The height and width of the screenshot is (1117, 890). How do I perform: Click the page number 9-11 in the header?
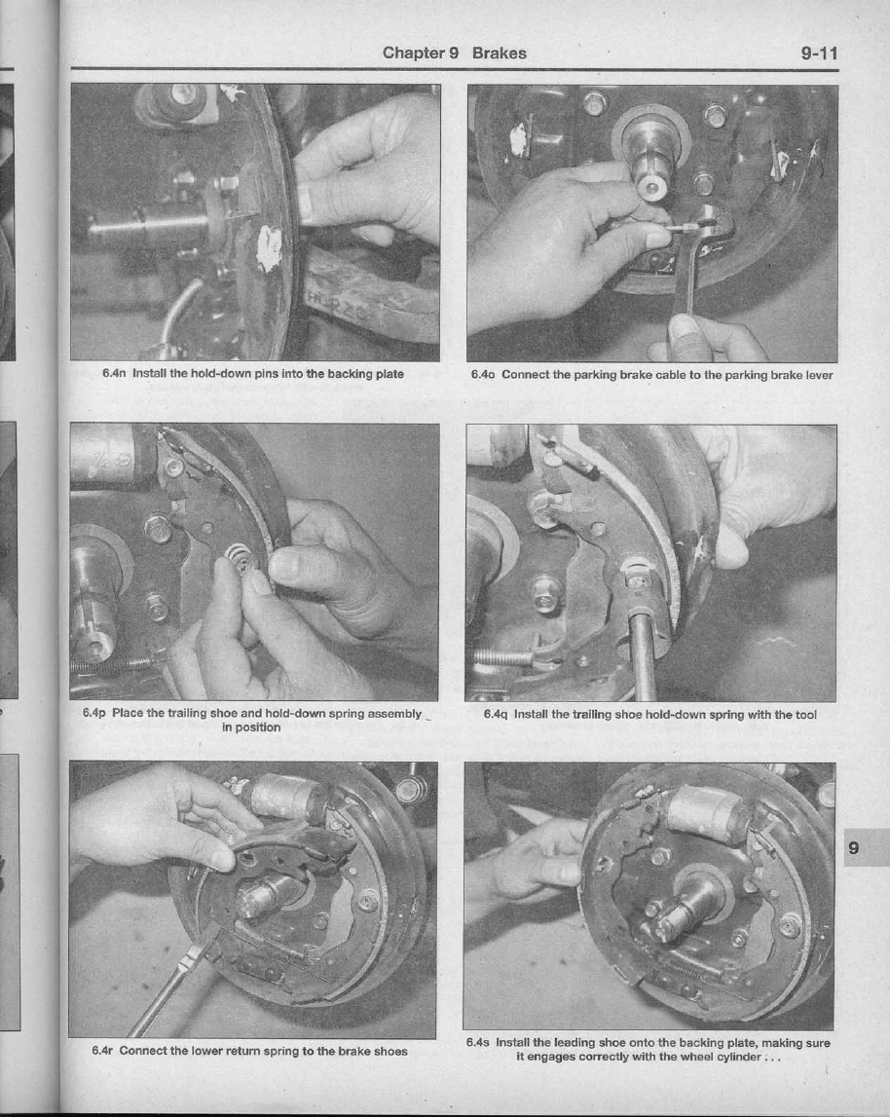(x=819, y=54)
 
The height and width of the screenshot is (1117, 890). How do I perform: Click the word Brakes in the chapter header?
(x=499, y=54)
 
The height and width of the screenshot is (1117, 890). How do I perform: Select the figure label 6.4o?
(x=483, y=375)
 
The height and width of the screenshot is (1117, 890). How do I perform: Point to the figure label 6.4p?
(x=94, y=713)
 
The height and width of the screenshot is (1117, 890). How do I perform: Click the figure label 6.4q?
(x=496, y=715)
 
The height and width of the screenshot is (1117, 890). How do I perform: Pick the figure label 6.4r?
(x=102, y=1051)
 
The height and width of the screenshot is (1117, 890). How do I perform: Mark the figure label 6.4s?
(x=478, y=1042)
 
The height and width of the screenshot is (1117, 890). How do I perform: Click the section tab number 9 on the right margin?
(x=854, y=847)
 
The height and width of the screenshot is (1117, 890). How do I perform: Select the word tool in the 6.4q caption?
(x=806, y=715)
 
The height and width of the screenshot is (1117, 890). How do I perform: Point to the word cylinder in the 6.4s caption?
(x=736, y=1057)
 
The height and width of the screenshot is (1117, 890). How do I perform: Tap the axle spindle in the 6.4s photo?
(x=679, y=912)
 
